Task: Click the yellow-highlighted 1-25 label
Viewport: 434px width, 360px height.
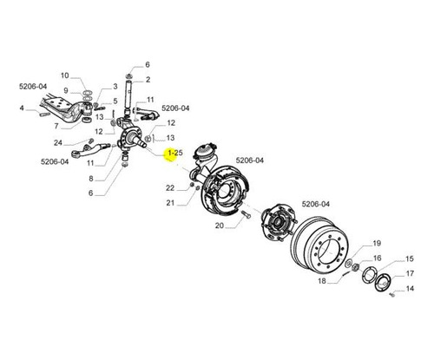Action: (175, 153)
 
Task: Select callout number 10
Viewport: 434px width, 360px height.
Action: (65, 75)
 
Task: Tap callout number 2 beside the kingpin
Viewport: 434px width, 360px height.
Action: (148, 80)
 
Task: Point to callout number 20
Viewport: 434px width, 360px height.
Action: (220, 226)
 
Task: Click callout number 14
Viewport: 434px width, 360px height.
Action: (410, 288)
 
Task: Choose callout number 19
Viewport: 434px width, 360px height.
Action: (377, 243)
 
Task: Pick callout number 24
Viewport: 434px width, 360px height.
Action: (58, 143)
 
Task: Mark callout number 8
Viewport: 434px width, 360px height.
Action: (91, 179)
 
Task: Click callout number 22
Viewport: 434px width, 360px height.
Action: (170, 188)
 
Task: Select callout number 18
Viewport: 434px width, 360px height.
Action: (322, 281)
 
